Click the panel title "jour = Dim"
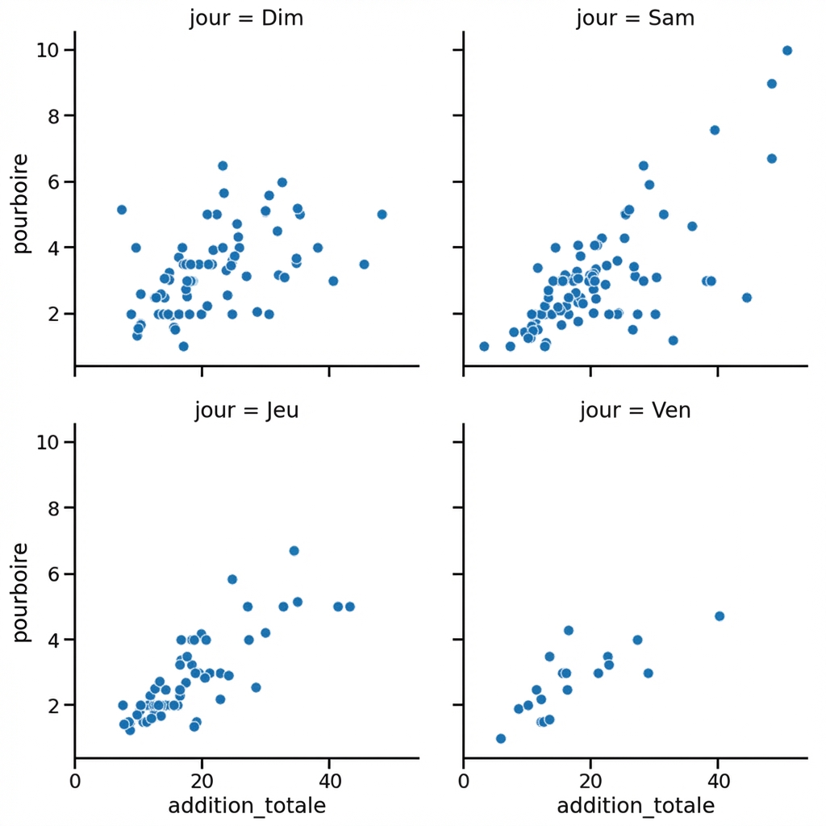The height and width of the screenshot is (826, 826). point(246,18)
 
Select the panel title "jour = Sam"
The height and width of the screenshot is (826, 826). point(635,18)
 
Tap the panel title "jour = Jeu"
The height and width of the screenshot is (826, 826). point(246,410)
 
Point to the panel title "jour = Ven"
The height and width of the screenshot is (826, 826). point(635,410)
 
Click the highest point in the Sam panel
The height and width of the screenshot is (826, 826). point(787,51)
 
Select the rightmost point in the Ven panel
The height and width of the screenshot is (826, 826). point(720,616)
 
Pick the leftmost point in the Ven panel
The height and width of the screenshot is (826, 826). point(500,738)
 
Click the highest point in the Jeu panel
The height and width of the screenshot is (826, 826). point(294,551)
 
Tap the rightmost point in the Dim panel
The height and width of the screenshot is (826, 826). point(382,215)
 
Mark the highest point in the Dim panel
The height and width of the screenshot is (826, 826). point(223,165)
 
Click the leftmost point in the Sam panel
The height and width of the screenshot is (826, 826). point(484,346)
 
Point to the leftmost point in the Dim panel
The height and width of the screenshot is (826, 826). point(122,210)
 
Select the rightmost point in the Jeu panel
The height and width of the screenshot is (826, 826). point(350,607)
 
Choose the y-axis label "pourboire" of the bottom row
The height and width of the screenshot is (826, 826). point(22,592)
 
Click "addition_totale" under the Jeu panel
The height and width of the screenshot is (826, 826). point(246,805)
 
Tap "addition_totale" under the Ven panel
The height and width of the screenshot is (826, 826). point(635,805)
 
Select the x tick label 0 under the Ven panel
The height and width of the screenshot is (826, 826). point(464,780)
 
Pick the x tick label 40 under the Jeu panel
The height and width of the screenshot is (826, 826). point(329,780)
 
